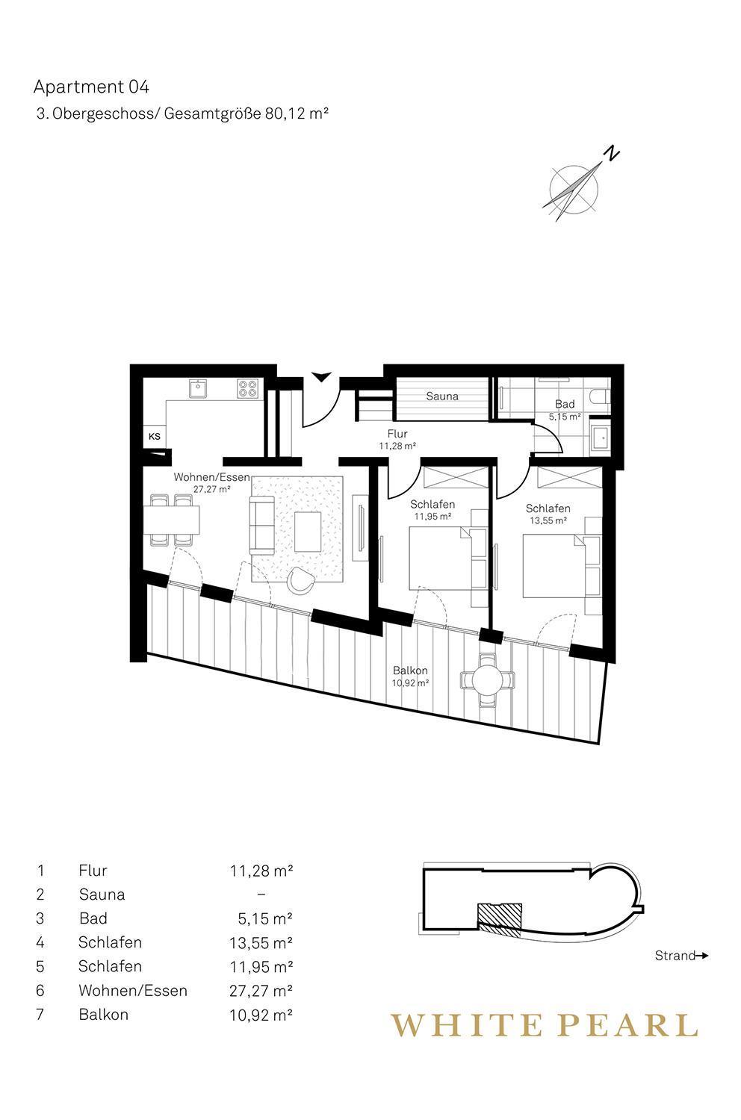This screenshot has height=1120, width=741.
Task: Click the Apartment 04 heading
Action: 91,87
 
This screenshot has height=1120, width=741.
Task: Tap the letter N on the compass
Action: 612,154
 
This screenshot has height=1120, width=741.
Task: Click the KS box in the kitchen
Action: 155,436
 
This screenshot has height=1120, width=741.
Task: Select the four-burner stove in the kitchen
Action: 249,388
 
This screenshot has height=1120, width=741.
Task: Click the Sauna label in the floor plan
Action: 441,396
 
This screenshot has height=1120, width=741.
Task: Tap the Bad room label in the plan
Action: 565,403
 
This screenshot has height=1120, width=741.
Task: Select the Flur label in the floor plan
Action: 397,434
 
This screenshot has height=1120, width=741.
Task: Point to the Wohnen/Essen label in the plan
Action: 211,476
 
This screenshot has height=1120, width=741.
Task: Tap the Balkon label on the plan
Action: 410,671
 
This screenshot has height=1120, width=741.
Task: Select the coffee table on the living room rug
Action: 308,531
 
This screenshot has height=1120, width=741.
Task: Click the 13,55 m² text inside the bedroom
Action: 548,520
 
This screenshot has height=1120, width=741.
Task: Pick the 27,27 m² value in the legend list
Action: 261,990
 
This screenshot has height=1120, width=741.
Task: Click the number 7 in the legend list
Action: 40,1014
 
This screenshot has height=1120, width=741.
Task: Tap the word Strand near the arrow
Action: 675,956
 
